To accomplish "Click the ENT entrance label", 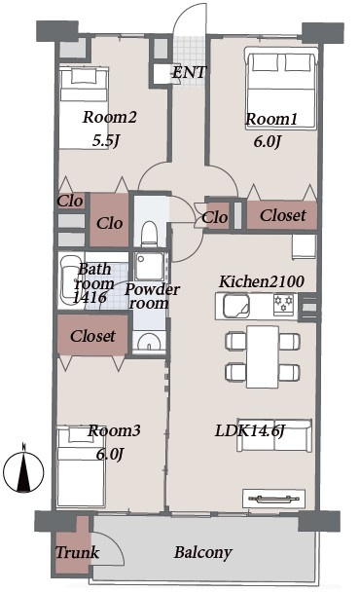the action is coord(190,72).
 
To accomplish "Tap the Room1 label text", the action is coord(271,119).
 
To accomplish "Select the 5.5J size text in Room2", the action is coord(106,141).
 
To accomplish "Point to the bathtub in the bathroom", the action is coord(68,279).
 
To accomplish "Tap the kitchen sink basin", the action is coord(236,306).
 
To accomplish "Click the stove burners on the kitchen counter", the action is coord(283,305).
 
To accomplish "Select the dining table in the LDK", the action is coord(263,356).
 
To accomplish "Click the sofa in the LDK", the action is coord(274,435).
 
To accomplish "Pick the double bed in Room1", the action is coord(280,88).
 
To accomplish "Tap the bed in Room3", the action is coord(80,466).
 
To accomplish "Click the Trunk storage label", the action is coord(78,552).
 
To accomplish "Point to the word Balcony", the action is coord(202,553).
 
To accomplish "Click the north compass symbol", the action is coord(23,470).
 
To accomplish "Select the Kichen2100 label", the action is coord(262,281).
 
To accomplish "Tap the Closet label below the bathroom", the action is coord(92,336).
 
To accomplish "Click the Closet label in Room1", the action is coord(282,215).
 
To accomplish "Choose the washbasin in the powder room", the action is coord(149,341).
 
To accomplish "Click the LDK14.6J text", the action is coord(249,430).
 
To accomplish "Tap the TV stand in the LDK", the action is coord(273,499).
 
